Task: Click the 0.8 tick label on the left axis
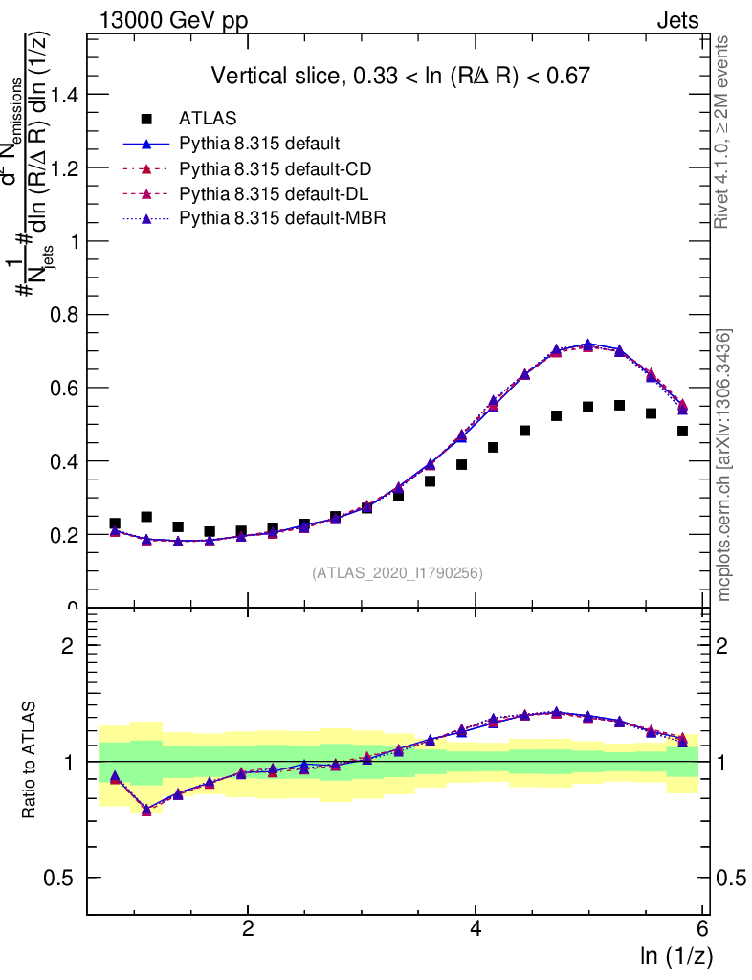coord(64,315)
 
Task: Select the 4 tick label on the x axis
coord(476,929)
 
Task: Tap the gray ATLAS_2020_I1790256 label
coord(396,573)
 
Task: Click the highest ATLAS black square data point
coord(619,405)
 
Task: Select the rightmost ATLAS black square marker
coord(682,431)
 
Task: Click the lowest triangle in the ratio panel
coord(146,810)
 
